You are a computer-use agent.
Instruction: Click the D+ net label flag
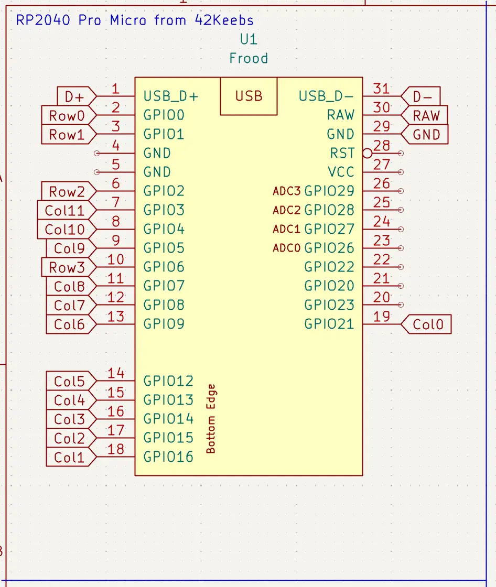[75, 96]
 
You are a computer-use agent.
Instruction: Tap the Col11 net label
[64, 211]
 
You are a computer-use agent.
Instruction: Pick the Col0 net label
[427, 324]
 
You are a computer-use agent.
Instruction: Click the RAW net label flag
[426, 116]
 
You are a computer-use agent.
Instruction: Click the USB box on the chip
[249, 96]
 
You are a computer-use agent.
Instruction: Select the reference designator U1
[249, 40]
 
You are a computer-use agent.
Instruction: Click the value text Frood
[249, 58]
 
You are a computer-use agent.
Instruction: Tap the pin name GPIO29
[329, 191]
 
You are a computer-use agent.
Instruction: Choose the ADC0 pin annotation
[286, 248]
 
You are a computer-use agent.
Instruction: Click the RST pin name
[342, 154]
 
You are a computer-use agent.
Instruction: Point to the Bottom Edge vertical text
[211, 419]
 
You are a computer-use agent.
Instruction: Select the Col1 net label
[69, 458]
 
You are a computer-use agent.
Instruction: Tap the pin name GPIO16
[168, 457]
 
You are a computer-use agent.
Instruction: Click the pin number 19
[382, 317]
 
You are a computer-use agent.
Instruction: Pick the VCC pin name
[341, 172]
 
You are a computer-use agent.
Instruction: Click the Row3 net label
[67, 268]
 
